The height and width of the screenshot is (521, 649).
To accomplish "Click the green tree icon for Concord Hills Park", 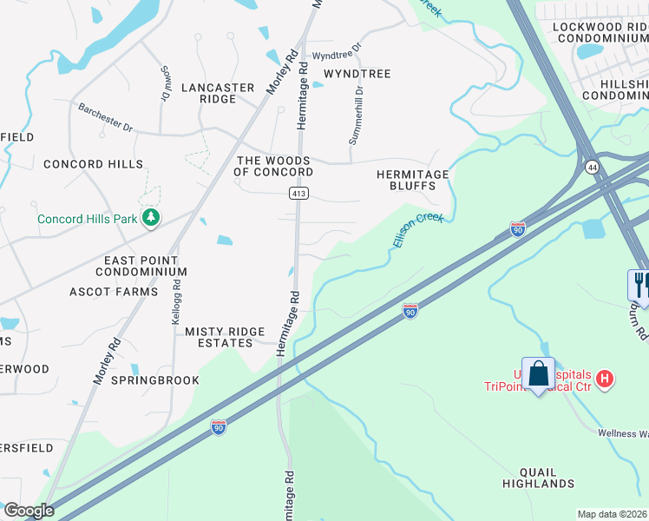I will [152, 217].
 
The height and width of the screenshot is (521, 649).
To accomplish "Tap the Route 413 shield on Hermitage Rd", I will [298, 194].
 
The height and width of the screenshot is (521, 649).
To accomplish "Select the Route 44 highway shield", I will [592, 166].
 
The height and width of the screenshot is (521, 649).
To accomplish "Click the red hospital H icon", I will [606, 379].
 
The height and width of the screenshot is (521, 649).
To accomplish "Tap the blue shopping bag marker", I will [539, 374].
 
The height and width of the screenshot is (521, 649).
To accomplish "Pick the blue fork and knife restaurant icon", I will [639, 283].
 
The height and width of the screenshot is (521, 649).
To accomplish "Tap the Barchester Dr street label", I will [105, 118].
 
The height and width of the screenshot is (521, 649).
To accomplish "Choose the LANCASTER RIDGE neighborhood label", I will [218, 93].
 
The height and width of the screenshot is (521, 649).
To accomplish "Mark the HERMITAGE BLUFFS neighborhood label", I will [412, 180].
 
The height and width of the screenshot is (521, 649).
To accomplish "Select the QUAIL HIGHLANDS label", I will [534, 478].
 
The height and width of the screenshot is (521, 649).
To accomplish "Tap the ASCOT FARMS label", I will [114, 292].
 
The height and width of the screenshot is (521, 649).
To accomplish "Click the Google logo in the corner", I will [28, 511].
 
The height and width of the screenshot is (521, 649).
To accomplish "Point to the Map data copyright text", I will [613, 514].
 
